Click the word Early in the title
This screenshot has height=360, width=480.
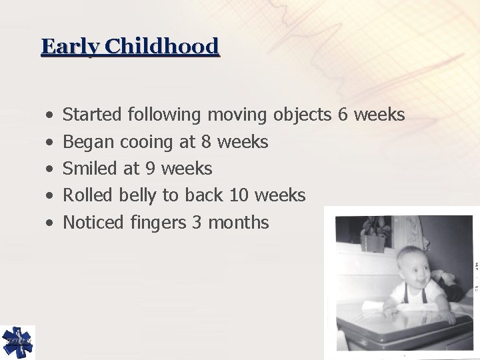coord(63,47)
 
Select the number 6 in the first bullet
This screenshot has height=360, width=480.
coord(343,115)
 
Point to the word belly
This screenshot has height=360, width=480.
coord(137,196)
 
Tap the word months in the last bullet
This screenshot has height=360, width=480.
coord(239,223)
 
